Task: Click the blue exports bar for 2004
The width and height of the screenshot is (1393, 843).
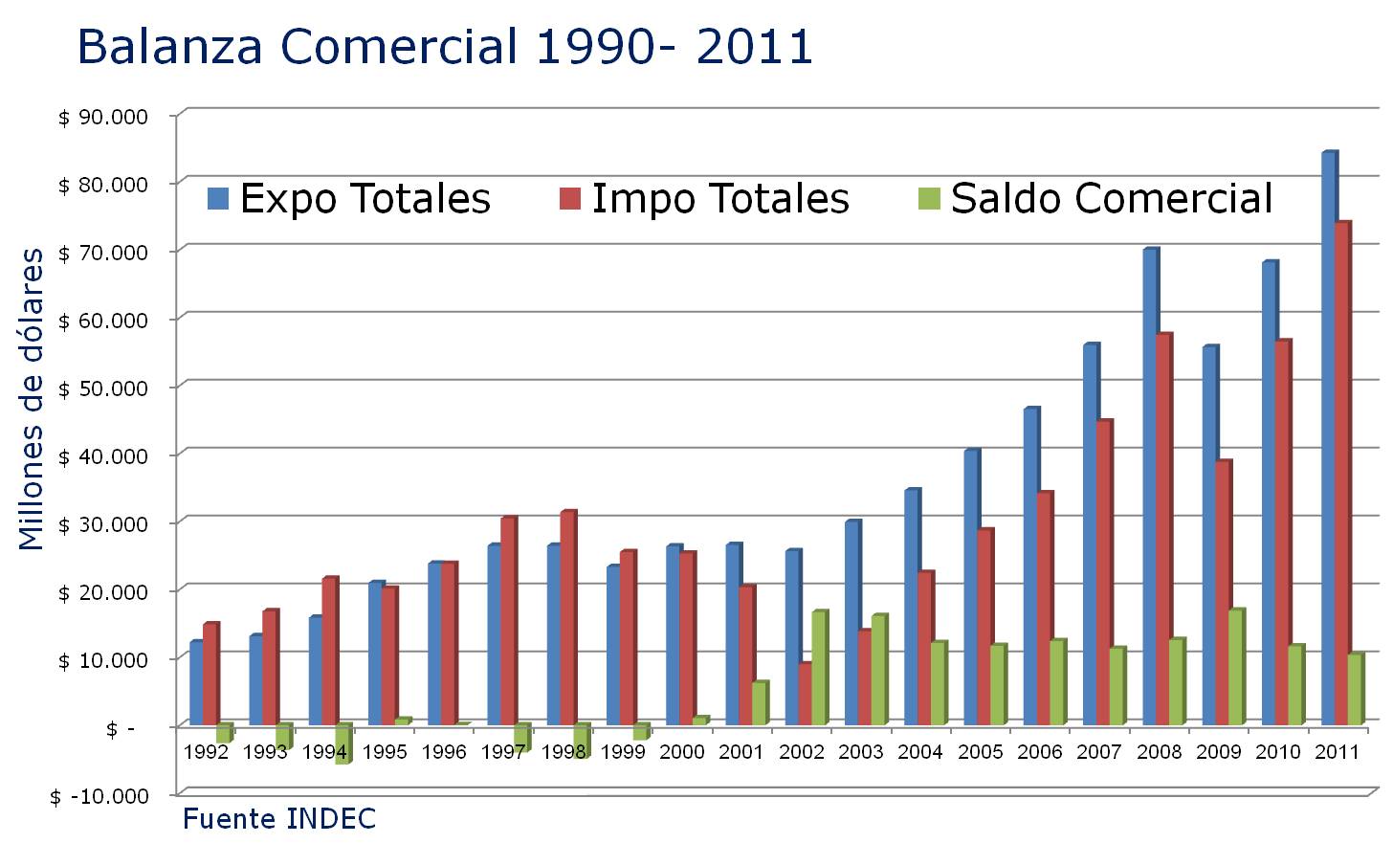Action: point(911,607)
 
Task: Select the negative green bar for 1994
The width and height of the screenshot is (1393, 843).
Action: point(343,743)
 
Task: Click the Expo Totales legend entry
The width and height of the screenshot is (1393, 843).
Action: point(349,199)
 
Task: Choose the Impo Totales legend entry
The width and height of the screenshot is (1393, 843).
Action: point(705,199)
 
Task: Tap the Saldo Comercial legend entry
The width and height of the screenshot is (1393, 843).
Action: point(1095,199)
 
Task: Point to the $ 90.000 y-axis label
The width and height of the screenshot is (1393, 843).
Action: point(103,117)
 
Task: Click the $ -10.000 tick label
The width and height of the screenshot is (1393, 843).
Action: point(99,796)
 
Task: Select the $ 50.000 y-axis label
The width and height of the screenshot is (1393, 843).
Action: point(103,388)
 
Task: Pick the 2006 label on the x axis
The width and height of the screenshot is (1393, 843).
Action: point(1040,752)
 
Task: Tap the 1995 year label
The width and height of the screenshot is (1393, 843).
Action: point(385,752)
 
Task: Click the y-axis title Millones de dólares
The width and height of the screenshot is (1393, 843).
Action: point(32,399)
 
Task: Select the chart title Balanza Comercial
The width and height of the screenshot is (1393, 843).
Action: point(445,46)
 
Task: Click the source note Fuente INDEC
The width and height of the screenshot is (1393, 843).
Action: point(278,820)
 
